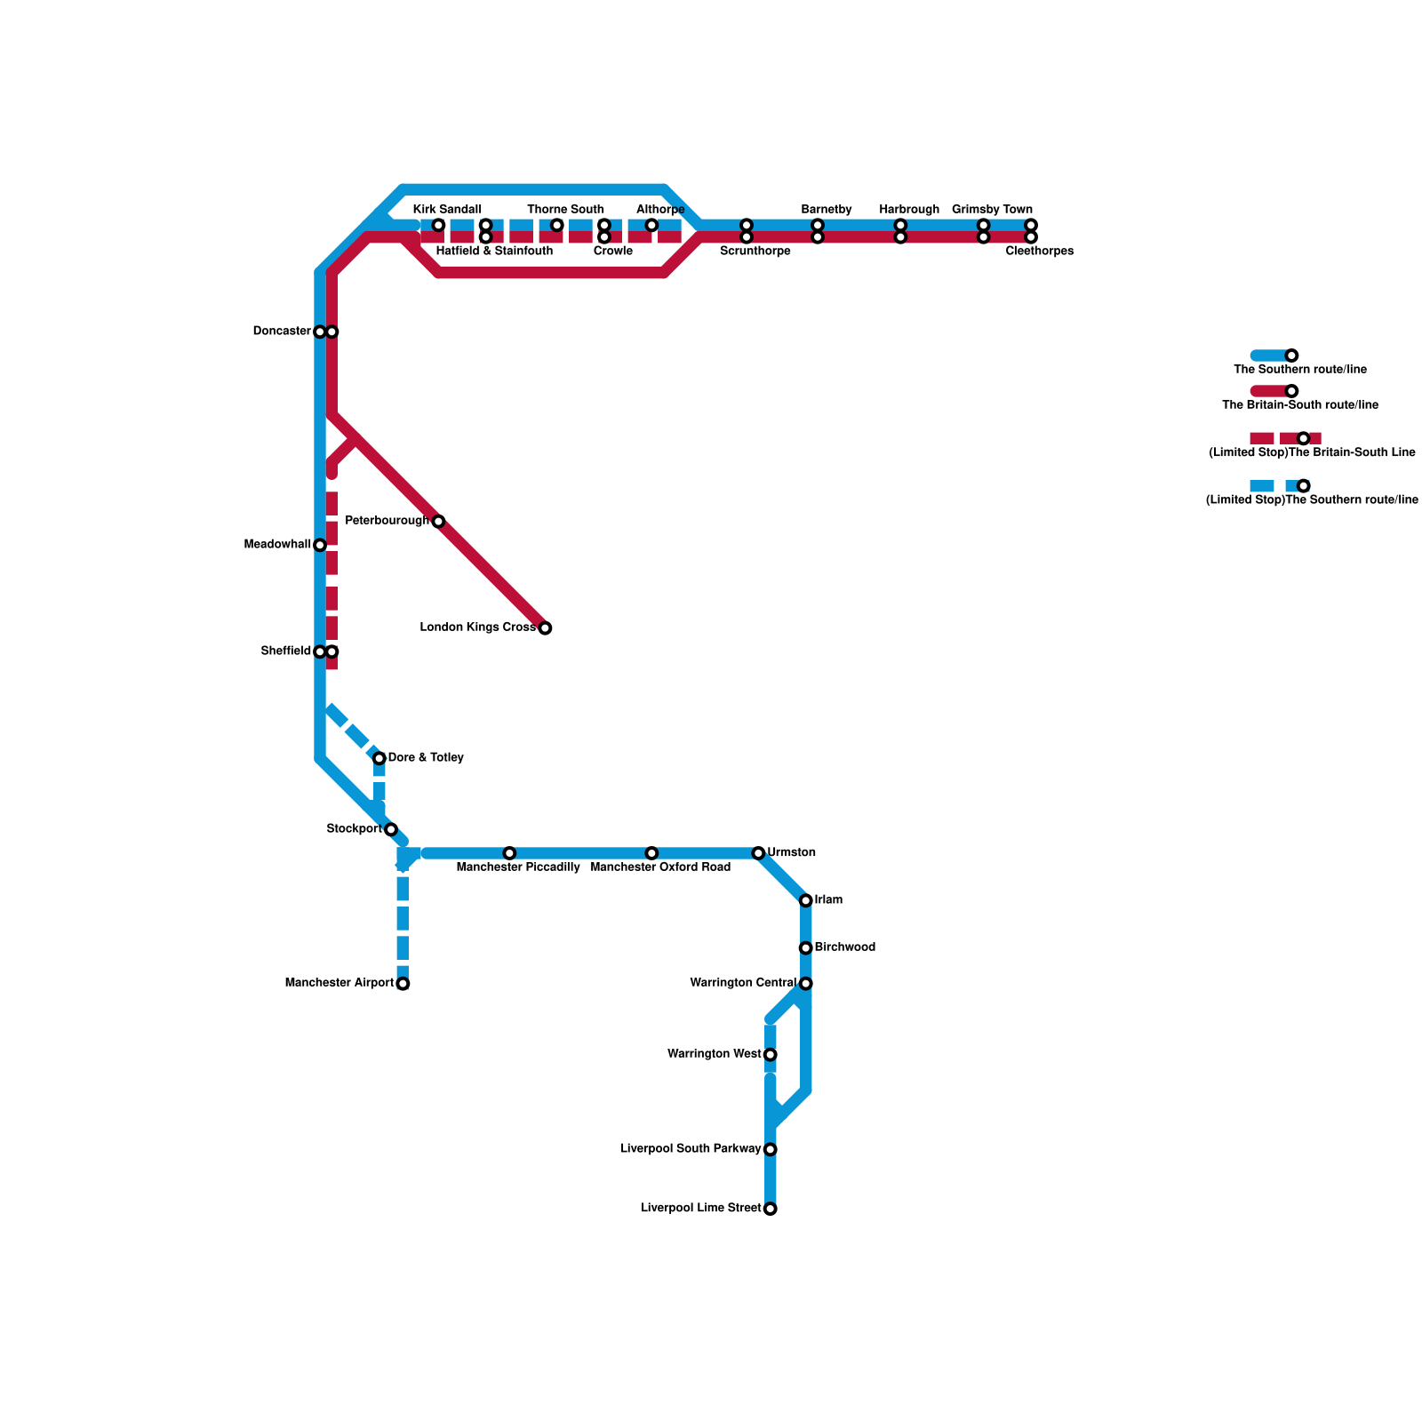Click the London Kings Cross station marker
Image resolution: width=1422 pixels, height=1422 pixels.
545,628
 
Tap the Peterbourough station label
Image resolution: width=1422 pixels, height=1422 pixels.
387,521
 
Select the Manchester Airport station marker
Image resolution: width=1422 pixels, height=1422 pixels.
403,984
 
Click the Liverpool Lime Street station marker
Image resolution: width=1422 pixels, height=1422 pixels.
771,1209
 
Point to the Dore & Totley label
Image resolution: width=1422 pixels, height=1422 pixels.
426,758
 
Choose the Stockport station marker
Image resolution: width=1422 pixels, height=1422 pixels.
391,829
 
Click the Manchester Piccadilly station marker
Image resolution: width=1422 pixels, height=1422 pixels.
509,853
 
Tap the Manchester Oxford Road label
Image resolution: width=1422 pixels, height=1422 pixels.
660,867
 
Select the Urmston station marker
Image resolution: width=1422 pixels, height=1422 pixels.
758,853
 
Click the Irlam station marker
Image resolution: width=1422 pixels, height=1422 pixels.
806,901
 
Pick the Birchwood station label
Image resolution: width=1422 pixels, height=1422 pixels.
845,947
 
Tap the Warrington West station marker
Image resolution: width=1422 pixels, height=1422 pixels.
771,1055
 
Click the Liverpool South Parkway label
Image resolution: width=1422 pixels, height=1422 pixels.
691,1149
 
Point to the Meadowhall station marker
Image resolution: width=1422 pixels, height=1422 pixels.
320,545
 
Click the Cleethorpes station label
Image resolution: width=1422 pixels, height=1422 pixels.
1040,252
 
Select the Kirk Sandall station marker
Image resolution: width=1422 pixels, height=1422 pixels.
438,225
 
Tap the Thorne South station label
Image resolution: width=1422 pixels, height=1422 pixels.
565,210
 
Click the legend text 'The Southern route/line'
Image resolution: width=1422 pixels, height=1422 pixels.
1299,370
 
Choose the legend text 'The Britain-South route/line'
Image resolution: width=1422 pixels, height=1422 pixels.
1299,405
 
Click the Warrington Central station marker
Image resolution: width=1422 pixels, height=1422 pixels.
806,984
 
